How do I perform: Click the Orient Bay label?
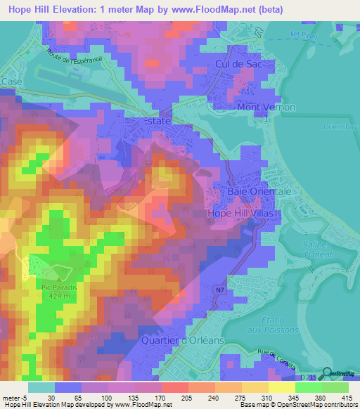pos(344,127)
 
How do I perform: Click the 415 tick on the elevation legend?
pos(347,398)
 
